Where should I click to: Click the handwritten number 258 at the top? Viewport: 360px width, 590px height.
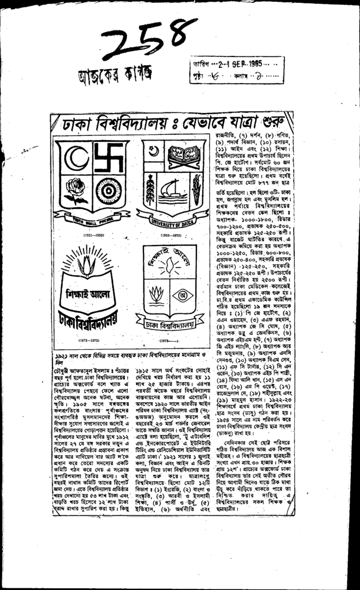[147, 41]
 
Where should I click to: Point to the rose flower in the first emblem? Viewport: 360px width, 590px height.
[75, 188]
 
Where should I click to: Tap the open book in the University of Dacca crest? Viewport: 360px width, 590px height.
[187, 154]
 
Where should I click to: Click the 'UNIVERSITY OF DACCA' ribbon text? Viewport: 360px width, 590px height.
[172, 222]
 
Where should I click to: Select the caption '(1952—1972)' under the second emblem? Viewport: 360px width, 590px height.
[172, 236]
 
